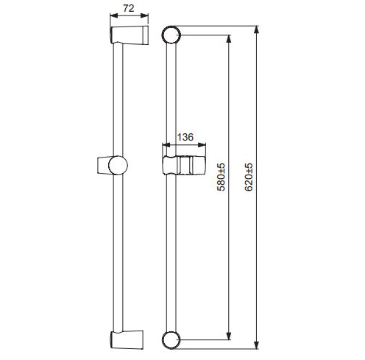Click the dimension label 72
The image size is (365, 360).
click(x=129, y=8)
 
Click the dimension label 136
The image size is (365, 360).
click(x=185, y=137)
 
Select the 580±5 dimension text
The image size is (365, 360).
click(x=221, y=177)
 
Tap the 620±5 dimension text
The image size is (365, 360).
click(x=249, y=177)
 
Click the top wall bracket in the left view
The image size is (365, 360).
click(x=130, y=35)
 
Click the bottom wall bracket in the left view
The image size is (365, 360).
click(x=127, y=339)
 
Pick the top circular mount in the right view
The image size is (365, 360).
click(x=171, y=35)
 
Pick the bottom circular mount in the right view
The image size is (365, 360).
click(x=171, y=340)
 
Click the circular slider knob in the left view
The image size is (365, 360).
click(x=118, y=165)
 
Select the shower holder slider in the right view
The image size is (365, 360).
click(x=184, y=165)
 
